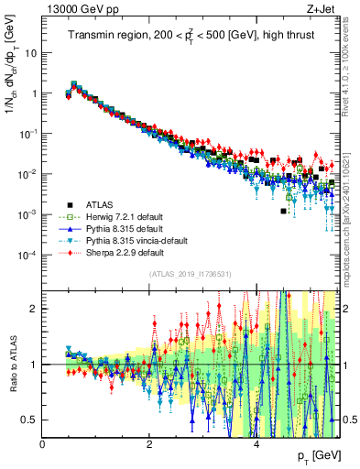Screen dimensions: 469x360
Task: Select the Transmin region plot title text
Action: [191, 35]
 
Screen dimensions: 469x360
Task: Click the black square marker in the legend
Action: [69, 204]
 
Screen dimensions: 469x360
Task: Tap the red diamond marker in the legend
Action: [69, 252]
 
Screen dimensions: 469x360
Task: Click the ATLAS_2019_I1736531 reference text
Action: [191, 274]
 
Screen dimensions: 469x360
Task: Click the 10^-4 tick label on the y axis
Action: [28, 255]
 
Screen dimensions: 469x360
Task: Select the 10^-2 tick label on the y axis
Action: [28, 174]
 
